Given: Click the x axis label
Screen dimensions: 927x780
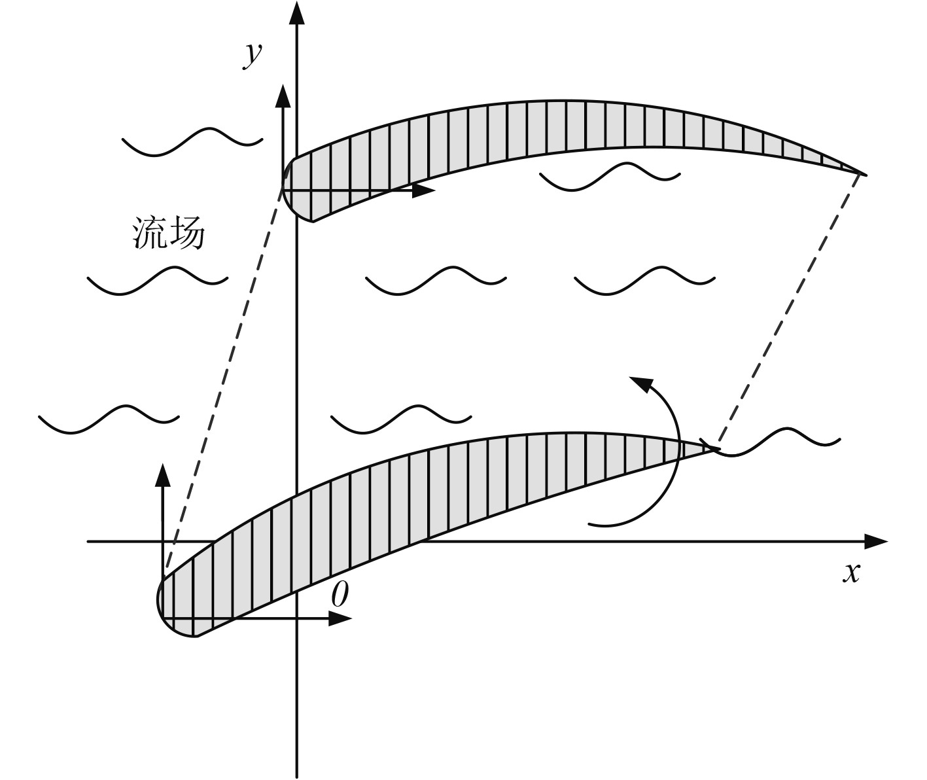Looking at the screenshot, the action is (x=850, y=573).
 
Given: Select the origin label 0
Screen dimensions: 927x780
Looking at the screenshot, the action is (x=340, y=595).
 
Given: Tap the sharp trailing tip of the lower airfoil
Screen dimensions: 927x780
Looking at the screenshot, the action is (x=717, y=448).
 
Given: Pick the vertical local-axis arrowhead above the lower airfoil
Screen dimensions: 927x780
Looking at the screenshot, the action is (x=163, y=476).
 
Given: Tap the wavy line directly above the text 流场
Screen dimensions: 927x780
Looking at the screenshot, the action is (x=192, y=141).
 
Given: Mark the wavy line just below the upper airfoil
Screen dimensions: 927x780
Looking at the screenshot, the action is (x=609, y=176).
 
